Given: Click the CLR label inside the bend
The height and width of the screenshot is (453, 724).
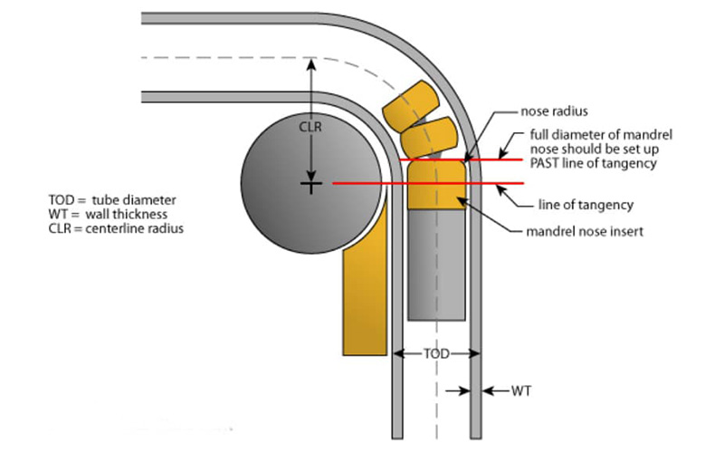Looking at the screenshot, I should (310, 128).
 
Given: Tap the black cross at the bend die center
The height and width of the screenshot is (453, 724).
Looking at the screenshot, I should (310, 184).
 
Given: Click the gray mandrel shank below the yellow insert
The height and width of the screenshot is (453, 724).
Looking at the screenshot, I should (434, 263).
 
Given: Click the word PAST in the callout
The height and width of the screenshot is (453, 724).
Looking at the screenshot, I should (548, 163).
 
